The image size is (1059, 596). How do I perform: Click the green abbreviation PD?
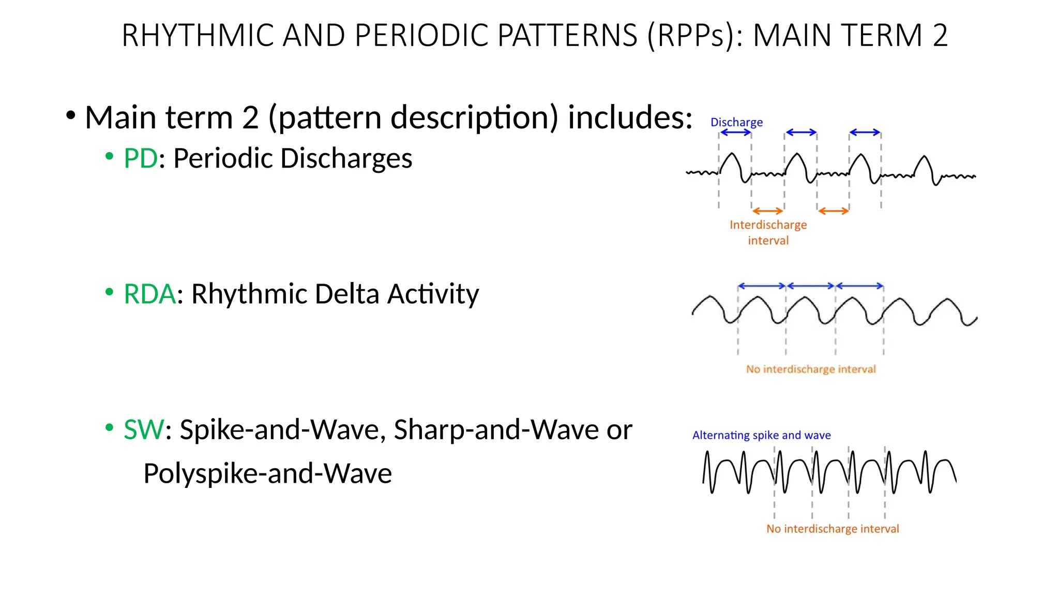140,158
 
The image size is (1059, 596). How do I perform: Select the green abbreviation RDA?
149,294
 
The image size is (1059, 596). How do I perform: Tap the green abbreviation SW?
144,430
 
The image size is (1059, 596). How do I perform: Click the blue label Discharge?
736,122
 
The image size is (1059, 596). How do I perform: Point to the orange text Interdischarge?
768,225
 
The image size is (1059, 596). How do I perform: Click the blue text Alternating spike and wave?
761,435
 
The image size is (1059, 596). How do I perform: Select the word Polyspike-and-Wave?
267,474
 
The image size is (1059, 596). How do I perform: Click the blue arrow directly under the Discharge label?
735,132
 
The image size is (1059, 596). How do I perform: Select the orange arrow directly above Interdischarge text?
768,211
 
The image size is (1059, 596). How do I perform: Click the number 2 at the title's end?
940,36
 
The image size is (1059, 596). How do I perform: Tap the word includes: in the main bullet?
630,117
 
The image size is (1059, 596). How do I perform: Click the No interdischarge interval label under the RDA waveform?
811,369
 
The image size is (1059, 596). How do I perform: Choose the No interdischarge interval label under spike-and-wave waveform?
833,529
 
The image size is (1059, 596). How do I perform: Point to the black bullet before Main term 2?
71,115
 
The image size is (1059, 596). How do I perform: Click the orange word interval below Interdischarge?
768,241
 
